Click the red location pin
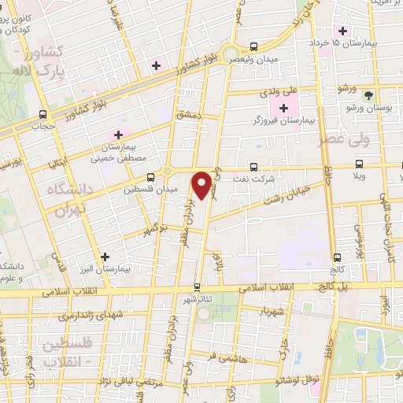(x=204, y=184)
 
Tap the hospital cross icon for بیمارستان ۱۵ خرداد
(x=342, y=31)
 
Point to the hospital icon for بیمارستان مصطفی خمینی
(x=120, y=134)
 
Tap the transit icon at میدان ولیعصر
(x=253, y=46)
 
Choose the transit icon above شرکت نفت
(x=253, y=167)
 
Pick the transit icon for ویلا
(x=360, y=165)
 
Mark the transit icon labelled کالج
(x=337, y=257)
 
